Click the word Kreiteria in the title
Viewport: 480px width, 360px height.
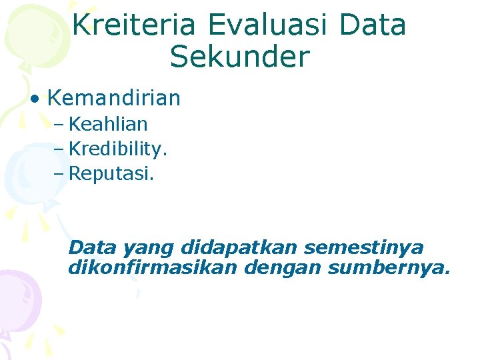click(133, 25)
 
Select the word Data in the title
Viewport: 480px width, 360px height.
click(373, 25)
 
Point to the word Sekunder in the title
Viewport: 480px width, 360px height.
click(239, 57)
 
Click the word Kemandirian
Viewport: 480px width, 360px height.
click(113, 99)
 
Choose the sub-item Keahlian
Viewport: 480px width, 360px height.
click(108, 124)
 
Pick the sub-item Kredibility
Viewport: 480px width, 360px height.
click(117, 149)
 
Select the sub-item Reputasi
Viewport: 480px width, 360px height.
click(110, 174)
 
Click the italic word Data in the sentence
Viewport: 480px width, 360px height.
click(92, 247)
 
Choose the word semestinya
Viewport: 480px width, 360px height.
click(363, 248)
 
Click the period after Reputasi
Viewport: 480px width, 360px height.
click(151, 179)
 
